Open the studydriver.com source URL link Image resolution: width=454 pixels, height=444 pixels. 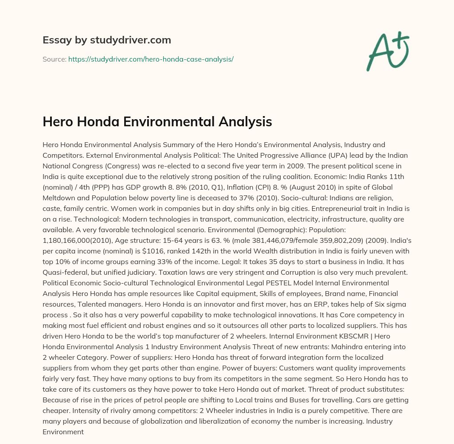(151, 59)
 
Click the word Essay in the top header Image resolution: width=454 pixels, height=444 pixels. (54, 40)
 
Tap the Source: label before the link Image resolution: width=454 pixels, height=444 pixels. (54, 59)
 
